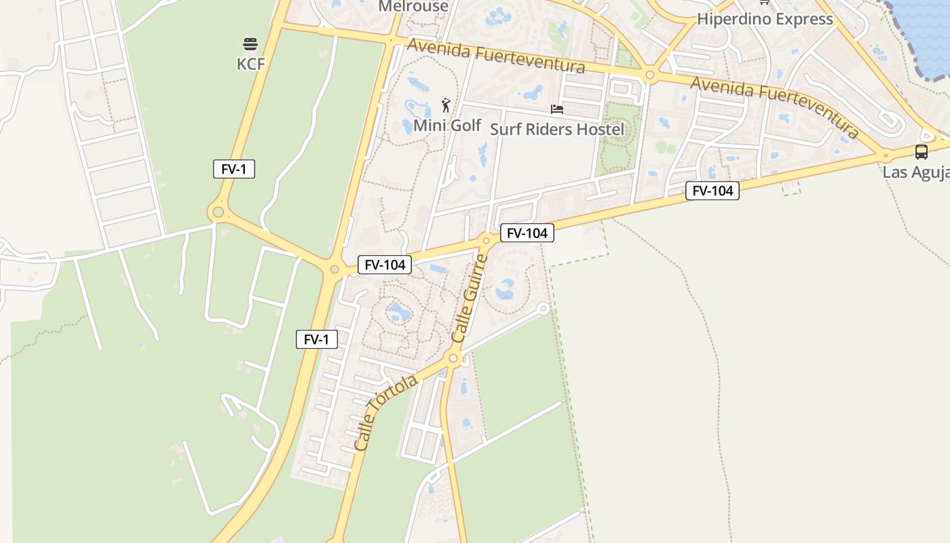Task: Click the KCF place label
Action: tap(250, 64)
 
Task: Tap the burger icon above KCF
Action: tap(250, 45)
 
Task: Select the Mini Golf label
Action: tap(447, 126)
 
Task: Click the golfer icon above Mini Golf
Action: tap(446, 105)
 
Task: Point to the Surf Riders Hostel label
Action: tap(557, 129)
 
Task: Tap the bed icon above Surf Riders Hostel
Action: tap(557, 109)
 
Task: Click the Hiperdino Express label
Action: tap(765, 19)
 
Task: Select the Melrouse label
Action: tap(413, 6)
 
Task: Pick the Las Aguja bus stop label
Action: tap(915, 172)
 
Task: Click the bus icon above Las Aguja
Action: tap(921, 152)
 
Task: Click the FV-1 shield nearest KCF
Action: tap(234, 169)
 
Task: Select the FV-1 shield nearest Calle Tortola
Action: tap(317, 339)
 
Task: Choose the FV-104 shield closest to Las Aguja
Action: tap(712, 191)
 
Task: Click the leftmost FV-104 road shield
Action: tap(385, 265)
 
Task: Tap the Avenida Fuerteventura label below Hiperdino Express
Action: tap(775, 107)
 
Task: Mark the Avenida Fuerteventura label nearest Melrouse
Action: tap(496, 56)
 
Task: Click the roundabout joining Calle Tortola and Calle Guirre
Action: tap(454, 358)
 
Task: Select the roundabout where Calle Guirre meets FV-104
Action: tap(486, 240)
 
